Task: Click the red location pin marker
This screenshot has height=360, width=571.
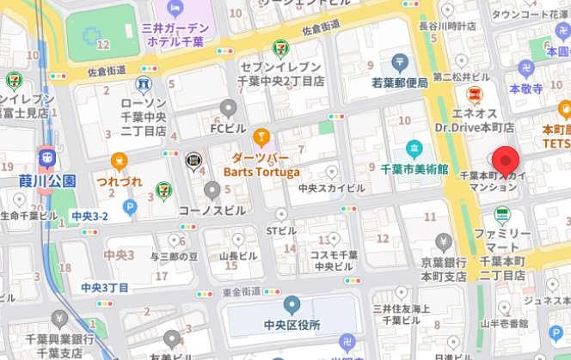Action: pos(505,161)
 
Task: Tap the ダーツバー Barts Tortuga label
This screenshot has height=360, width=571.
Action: pos(261,165)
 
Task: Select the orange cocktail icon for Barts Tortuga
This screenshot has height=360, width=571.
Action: pos(261,137)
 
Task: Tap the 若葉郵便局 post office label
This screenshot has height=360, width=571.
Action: pos(400,82)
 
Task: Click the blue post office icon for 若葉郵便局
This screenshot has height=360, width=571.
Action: pos(400,62)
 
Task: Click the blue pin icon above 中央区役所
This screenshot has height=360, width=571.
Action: pos(292,304)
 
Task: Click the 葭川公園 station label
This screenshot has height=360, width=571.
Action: pos(47,181)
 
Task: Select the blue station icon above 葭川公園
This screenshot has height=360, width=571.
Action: pos(46,158)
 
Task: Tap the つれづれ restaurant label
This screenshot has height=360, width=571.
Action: pos(119,182)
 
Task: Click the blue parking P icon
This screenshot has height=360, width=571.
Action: pos(130,206)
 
